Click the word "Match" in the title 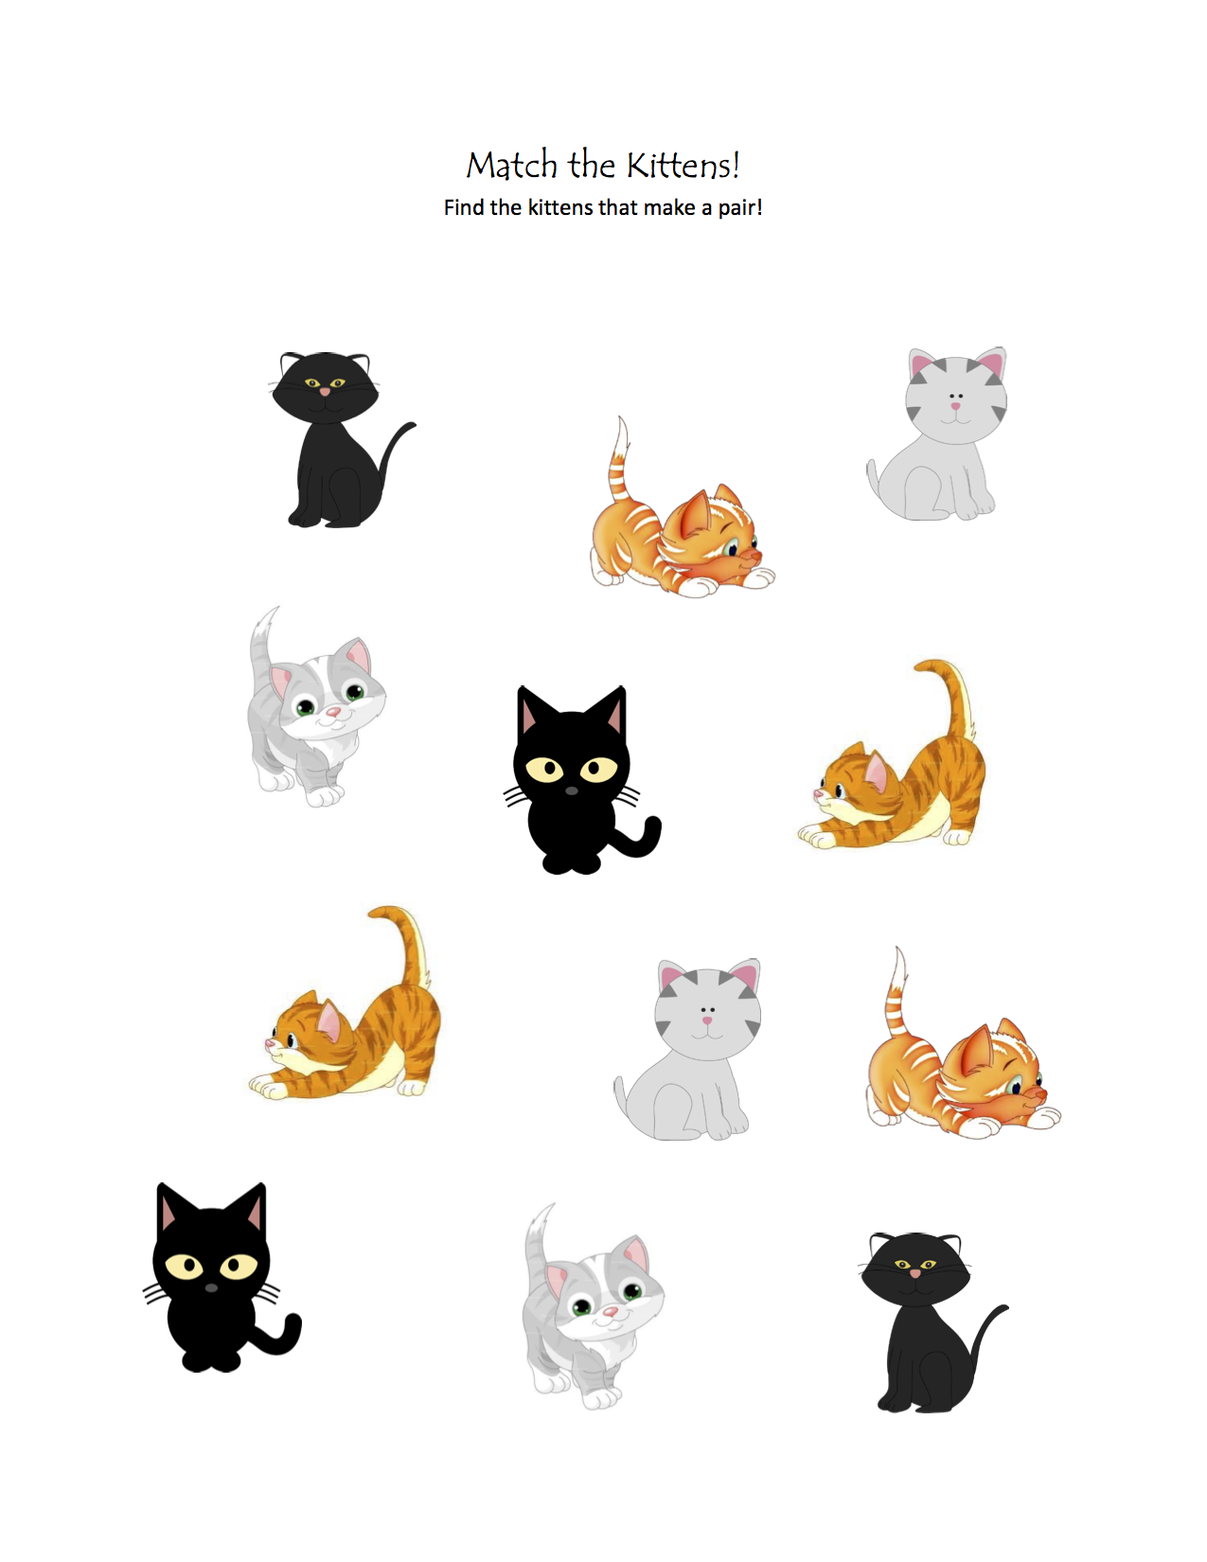tap(511, 166)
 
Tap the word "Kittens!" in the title tap(683, 166)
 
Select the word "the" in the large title tap(592, 166)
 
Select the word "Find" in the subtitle tap(464, 207)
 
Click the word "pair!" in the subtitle tap(739, 208)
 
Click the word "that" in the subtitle tap(618, 207)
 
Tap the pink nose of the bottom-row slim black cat tap(915, 1273)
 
